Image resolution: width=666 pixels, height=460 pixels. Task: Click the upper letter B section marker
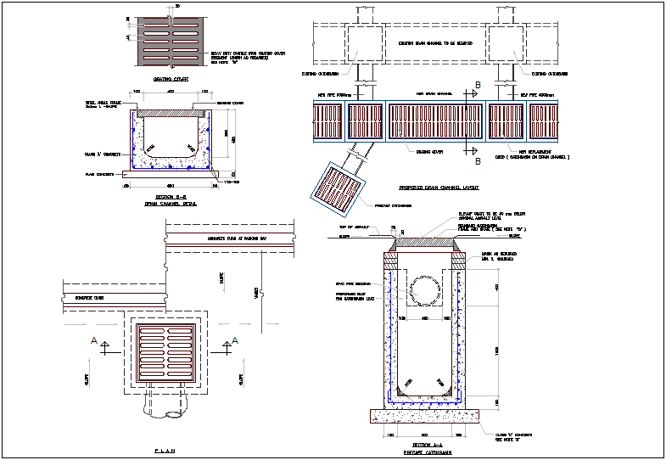point(478,85)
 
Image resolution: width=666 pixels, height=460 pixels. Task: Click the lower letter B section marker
point(478,160)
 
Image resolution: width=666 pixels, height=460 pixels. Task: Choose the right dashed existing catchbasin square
point(506,42)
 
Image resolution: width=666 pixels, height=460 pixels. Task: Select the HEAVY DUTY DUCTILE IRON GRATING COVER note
point(245,57)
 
